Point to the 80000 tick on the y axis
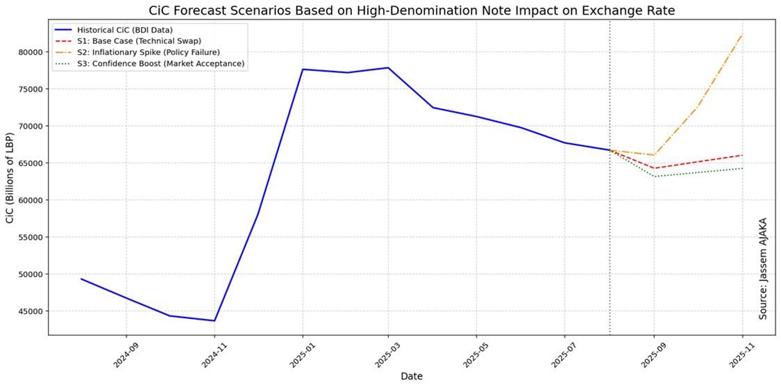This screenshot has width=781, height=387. (x=30, y=52)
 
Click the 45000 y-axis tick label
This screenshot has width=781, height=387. (x=30, y=311)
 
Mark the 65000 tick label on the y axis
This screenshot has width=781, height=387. (x=30, y=163)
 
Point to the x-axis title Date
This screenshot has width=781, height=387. (x=412, y=377)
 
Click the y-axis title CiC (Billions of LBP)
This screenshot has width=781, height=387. (x=10, y=176)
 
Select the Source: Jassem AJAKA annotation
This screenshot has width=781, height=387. (x=763, y=267)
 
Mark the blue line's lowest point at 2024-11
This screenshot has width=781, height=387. (x=215, y=320)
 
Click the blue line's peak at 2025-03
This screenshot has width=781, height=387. (x=388, y=67)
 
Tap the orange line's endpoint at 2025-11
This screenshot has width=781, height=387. (x=743, y=34)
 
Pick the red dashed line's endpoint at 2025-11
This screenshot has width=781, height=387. (x=743, y=155)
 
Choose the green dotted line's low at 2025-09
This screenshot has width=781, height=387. (x=655, y=176)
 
